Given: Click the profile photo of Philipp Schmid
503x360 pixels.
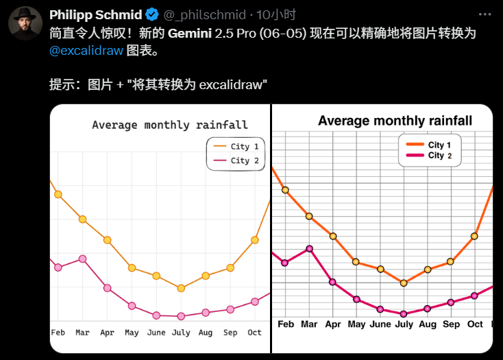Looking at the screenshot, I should point(25,25).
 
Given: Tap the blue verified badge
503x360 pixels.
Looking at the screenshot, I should point(152,15).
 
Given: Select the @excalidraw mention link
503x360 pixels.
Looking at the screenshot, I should point(86,51).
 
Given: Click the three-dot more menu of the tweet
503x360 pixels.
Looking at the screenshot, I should point(485,14).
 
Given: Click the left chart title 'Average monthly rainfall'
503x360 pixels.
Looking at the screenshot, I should point(170,125).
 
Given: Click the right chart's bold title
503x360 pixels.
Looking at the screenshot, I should point(395,121).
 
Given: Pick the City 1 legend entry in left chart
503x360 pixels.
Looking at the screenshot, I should point(236,146).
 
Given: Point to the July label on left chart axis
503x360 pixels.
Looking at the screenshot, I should point(181,333).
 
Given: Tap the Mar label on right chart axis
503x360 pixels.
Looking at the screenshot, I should point(309,324).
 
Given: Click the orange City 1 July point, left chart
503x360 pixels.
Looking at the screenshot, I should point(181,288).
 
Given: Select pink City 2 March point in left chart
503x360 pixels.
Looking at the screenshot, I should point(83,259).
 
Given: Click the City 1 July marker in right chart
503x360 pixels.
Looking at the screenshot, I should point(404,283).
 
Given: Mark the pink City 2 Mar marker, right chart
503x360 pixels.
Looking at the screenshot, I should point(309,248).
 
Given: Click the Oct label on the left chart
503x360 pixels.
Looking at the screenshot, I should point(254,333).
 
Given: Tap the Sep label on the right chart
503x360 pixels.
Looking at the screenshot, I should point(451,324).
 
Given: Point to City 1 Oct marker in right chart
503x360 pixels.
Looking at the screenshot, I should point(474,236).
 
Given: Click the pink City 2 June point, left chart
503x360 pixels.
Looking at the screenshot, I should point(156,315).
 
